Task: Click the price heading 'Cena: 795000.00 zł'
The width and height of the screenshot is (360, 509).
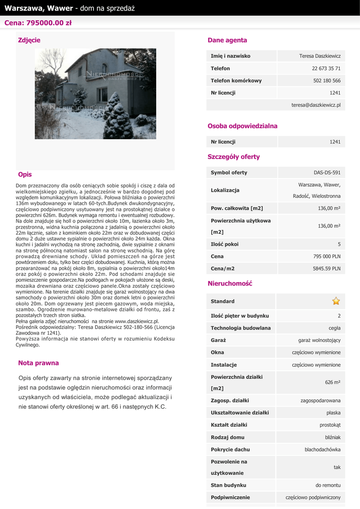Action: [38, 23]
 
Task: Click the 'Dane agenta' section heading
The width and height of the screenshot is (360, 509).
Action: [227, 40]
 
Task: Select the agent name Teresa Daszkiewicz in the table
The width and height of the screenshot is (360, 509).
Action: [320, 56]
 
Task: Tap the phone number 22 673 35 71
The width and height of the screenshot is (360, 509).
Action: [326, 68]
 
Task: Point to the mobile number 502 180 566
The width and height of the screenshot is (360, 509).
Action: [327, 81]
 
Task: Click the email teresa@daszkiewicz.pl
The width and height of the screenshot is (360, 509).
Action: [316, 105]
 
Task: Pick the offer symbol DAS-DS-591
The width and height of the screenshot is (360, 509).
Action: [327, 172]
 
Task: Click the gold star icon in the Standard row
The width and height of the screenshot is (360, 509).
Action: [336, 301]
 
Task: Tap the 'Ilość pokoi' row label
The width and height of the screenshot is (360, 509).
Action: [224, 245]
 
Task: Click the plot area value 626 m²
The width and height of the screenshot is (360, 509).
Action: [333, 383]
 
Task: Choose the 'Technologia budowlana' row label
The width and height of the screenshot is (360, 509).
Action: [241, 328]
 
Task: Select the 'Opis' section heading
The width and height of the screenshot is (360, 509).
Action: [25, 174]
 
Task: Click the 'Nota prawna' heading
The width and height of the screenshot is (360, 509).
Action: [38, 363]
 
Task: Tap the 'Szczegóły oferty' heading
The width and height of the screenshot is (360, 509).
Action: [233, 157]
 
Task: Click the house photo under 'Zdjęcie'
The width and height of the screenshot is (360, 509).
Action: [95, 93]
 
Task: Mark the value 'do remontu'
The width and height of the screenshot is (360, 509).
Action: [328, 485]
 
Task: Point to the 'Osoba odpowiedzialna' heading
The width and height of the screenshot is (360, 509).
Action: [242, 126]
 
